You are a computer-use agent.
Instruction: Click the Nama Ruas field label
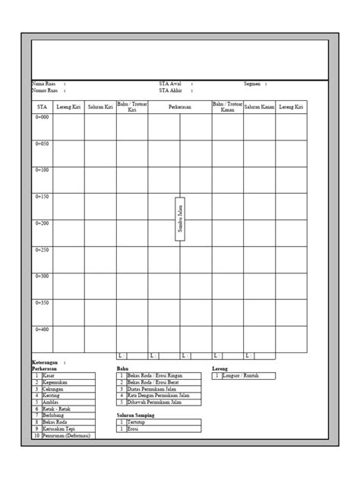(x=43, y=84)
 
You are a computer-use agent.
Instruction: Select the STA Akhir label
(x=170, y=90)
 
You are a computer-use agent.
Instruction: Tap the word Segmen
(x=253, y=84)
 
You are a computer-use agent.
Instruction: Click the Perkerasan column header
(x=180, y=108)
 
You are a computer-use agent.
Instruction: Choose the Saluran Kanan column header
(x=259, y=108)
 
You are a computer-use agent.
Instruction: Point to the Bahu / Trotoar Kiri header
(x=132, y=108)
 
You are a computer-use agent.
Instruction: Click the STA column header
(x=42, y=108)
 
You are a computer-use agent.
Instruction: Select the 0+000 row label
(x=42, y=117)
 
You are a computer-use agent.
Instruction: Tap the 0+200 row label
(x=42, y=223)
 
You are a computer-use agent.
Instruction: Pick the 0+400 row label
(x=42, y=329)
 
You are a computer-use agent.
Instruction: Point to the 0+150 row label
(x=42, y=197)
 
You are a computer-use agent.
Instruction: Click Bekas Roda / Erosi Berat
(x=154, y=382)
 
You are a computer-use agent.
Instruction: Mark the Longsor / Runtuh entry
(x=242, y=375)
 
